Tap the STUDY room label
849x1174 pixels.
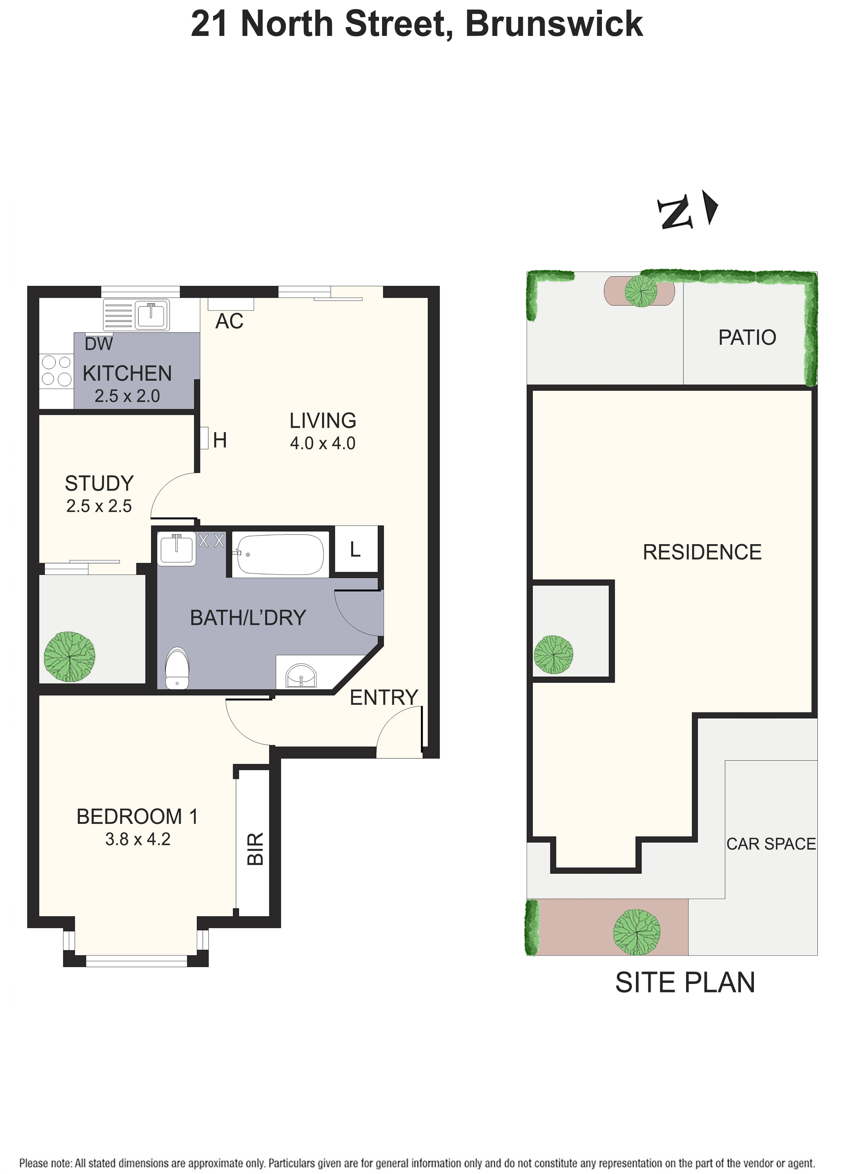coord(99,483)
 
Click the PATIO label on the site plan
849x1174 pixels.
coord(747,337)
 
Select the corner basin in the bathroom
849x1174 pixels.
coord(301,675)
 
